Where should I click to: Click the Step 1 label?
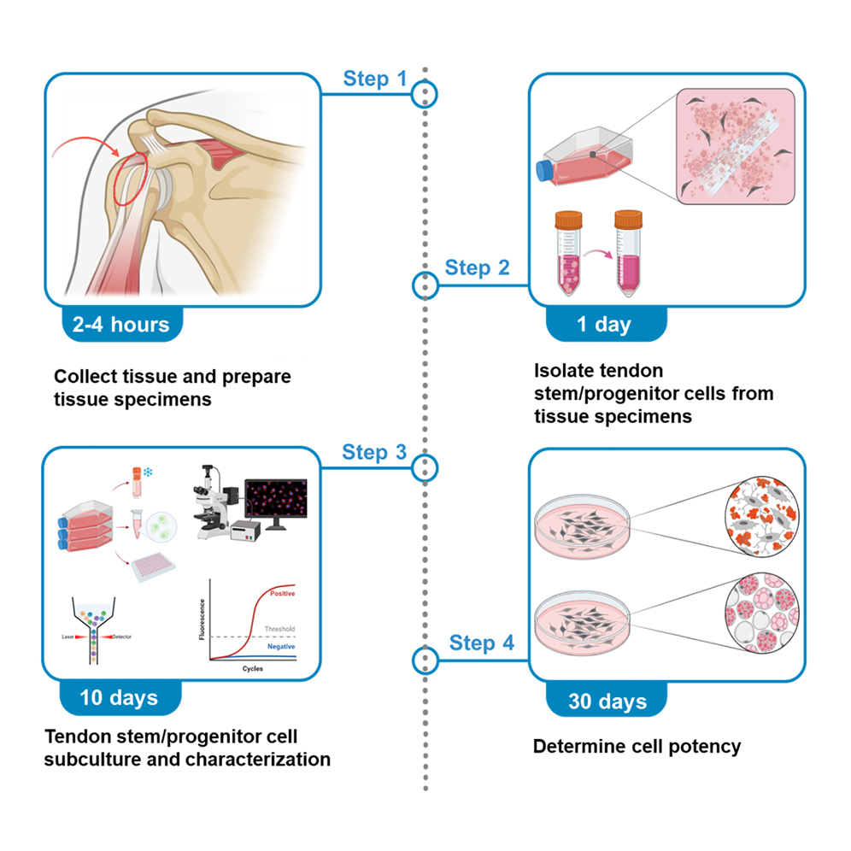click(x=375, y=79)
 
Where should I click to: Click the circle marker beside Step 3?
click(x=425, y=467)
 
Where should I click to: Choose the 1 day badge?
click(x=606, y=324)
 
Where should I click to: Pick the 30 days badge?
click(x=607, y=702)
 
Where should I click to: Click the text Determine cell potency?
click(x=637, y=746)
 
